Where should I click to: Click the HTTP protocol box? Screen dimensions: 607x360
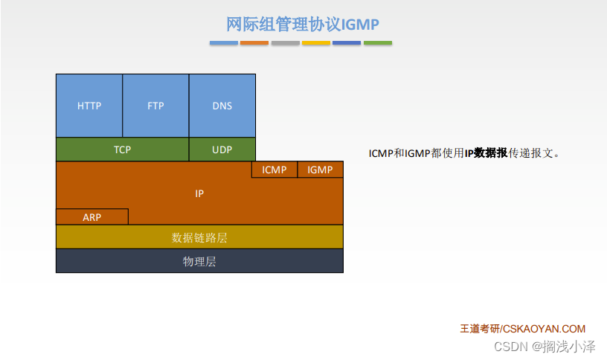tap(89, 106)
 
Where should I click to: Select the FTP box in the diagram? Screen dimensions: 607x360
tap(155, 106)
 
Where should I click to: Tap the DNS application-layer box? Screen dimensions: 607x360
tap(222, 106)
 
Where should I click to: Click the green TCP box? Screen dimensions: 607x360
tap(122, 150)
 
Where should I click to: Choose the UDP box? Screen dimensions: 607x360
tap(222, 150)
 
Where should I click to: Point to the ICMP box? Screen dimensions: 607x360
tap(274, 170)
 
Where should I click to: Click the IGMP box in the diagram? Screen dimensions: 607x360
tap(320, 170)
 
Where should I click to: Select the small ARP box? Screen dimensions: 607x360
tap(92, 216)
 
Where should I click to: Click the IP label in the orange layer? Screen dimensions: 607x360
tap(199, 193)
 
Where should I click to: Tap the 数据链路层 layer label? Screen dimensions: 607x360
tap(199, 237)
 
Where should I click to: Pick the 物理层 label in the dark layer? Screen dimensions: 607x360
tap(199, 261)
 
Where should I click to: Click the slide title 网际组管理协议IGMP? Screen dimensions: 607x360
tap(302, 24)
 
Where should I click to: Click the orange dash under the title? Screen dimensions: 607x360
tap(254, 43)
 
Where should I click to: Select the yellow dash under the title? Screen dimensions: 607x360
tap(316, 43)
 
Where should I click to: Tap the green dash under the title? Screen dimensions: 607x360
tap(378, 43)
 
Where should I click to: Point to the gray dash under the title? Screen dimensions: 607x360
tap(286, 43)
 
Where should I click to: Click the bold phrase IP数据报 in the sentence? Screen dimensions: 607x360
tap(486, 153)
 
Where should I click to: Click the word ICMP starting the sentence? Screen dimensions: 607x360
tap(381, 153)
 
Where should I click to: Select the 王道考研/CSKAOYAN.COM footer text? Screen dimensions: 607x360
tap(523, 329)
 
